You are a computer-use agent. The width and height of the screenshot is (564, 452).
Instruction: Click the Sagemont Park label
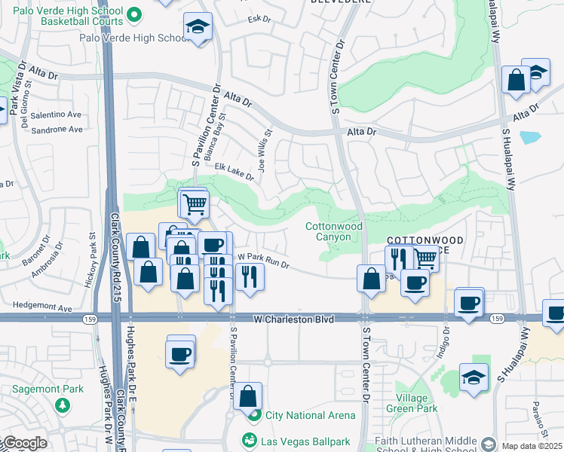point(43,389)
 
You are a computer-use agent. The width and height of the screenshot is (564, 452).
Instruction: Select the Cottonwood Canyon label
point(333,231)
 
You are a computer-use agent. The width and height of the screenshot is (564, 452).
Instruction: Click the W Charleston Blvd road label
point(293,319)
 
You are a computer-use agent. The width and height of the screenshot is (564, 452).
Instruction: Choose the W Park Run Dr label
point(264,261)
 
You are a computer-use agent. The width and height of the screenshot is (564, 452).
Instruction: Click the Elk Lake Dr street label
point(234,171)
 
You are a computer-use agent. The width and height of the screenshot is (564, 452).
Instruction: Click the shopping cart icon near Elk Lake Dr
point(195,203)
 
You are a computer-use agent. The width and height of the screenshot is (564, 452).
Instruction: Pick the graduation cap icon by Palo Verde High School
point(198,29)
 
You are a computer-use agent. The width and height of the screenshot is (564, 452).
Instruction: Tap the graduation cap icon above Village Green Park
point(474,377)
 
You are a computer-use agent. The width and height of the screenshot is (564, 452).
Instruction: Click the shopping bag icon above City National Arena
point(247,395)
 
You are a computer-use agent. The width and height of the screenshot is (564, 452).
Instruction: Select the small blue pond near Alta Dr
point(530,137)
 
